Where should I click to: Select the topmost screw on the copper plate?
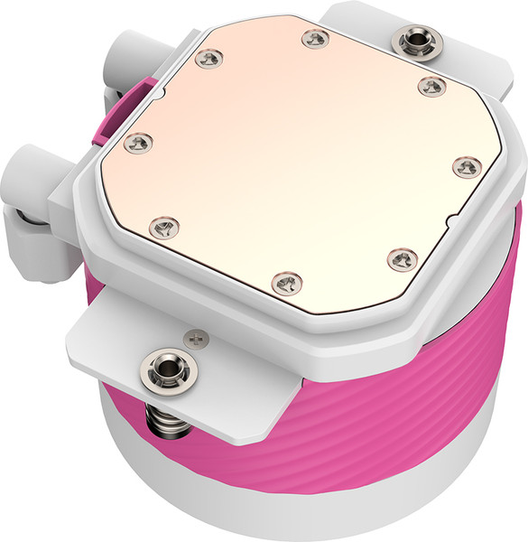click(x=313, y=37)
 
